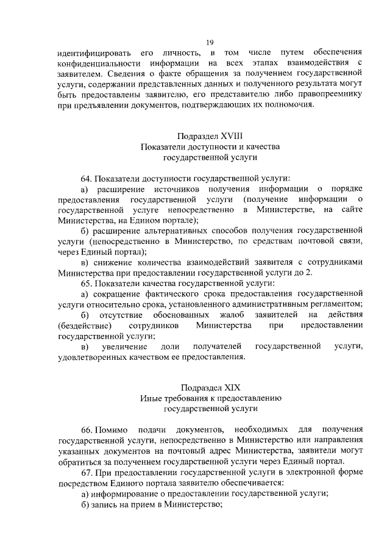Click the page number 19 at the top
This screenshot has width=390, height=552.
[210, 42]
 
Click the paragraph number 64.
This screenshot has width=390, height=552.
[86, 177]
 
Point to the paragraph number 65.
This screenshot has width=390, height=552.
[86, 283]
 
